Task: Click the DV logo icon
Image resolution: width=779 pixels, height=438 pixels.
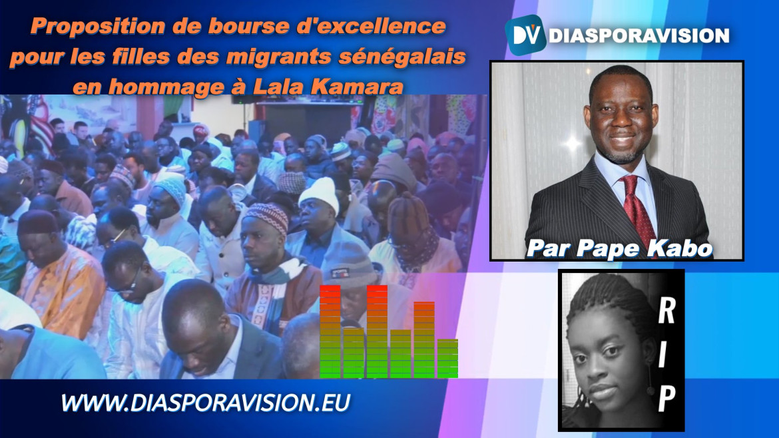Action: click(525, 34)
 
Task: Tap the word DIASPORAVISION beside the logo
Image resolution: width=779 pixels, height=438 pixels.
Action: click(639, 36)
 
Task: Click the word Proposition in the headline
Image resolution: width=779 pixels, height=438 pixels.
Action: click(98, 27)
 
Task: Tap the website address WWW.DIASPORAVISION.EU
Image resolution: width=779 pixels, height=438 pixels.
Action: click(206, 403)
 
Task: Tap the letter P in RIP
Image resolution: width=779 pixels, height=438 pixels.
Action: click(666, 398)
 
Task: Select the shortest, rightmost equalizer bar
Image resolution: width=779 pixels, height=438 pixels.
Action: click(447, 359)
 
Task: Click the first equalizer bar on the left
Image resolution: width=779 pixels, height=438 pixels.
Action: click(330, 331)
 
